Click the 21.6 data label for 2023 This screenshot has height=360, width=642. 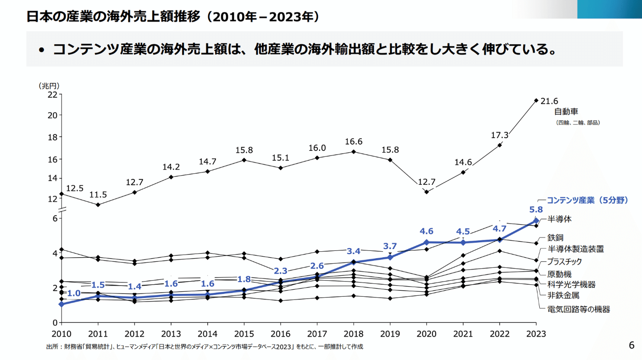pos(549,101)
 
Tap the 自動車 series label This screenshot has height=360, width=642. pos(566,111)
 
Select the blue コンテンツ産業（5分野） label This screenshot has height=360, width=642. pos(587,200)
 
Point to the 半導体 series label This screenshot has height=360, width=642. pos(559,219)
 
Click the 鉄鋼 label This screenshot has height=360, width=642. pos(555,238)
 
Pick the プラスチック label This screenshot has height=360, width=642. pos(565,261)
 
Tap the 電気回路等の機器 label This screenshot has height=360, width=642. pos(579,309)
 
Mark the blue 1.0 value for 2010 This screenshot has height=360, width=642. pos(74,294)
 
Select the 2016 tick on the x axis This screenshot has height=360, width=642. pos(281,334)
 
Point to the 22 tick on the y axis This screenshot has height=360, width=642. pos(52,94)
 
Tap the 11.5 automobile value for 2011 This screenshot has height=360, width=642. pos(98,194)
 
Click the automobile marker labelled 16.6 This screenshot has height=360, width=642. pos(353,151)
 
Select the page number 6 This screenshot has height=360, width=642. pos(631,345)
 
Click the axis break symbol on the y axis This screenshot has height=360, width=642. pos(61,209)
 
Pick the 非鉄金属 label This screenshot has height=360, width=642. pos(563,296)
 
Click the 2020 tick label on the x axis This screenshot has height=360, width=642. pos(426,334)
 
